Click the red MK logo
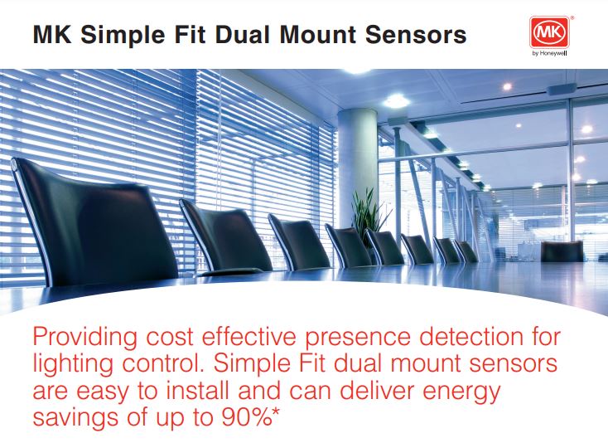[549, 32]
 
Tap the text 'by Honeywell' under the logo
[549, 54]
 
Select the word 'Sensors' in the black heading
[416, 34]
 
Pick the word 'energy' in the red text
[462, 392]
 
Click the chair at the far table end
[562, 251]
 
